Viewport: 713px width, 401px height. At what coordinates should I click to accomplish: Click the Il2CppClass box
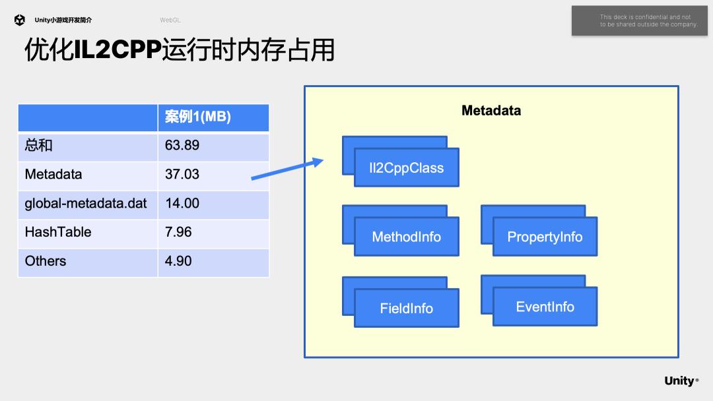(406, 168)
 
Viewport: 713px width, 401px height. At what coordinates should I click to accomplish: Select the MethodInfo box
(406, 237)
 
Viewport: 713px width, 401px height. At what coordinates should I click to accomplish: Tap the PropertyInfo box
(545, 237)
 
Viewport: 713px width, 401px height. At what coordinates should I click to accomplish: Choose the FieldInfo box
(406, 308)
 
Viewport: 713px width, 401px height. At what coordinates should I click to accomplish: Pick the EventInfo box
(545, 307)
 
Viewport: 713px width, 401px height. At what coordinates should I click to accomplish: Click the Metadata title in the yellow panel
(491, 111)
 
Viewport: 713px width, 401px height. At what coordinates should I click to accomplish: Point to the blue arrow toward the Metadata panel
(287, 169)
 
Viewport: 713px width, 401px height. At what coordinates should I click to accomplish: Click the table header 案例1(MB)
(197, 117)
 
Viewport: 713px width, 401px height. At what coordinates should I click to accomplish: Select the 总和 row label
(39, 145)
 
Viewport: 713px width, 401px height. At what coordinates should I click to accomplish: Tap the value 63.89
(182, 145)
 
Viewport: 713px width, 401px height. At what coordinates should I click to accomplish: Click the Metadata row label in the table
(53, 174)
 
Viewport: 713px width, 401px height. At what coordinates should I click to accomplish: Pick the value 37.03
(182, 174)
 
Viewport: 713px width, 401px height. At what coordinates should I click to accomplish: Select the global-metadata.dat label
(86, 203)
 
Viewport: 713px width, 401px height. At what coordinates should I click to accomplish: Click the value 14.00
(182, 203)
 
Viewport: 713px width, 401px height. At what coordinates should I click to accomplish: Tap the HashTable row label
(58, 232)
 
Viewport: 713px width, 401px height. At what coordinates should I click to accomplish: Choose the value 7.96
(178, 232)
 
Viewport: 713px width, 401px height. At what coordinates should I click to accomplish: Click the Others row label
(46, 261)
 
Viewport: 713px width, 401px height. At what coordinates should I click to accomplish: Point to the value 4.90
(178, 261)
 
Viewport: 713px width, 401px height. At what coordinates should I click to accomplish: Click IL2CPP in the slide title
(117, 50)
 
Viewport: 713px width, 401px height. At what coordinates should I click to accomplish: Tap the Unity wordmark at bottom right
(680, 381)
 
